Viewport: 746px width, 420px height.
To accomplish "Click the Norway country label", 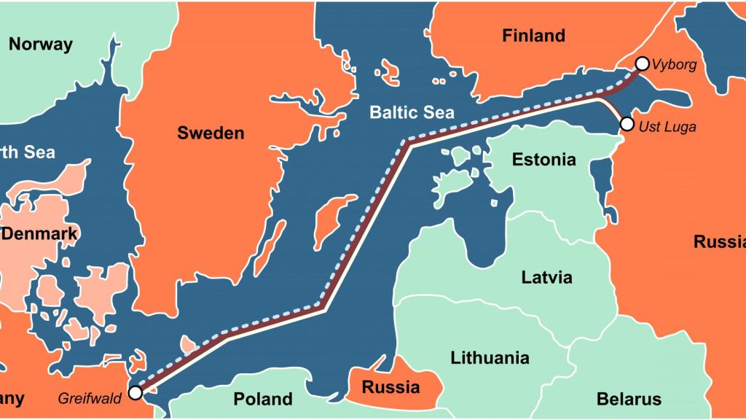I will coord(41,44).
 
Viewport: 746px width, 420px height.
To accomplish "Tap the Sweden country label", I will coord(211,133).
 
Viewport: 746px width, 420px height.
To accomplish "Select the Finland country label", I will coord(533,36).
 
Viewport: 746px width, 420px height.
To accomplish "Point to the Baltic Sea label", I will coord(412,112).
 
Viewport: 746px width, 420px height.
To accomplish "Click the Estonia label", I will coord(543,160).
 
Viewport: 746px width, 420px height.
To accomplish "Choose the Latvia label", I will coord(546,278).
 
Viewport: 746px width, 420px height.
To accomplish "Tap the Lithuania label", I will coord(490,358).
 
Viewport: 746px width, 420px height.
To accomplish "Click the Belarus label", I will coord(629,399).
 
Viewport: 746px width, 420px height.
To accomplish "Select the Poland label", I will coord(263,399).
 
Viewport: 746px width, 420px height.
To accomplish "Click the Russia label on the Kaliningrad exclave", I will coord(390,386).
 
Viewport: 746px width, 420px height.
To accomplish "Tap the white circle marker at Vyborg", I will coord(642,63).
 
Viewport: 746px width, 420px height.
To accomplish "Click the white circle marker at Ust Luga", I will coord(627,124).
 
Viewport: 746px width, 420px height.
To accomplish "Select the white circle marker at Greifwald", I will coord(135,393).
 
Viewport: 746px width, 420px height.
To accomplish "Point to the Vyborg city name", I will coord(675,65).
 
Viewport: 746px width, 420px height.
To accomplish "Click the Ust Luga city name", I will coord(667,127).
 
